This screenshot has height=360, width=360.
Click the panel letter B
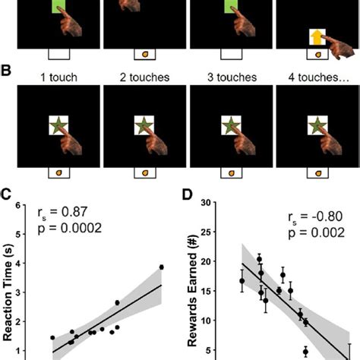(7, 71)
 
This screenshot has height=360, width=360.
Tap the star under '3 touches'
(229, 125)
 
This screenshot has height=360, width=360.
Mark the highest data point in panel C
(161, 267)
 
